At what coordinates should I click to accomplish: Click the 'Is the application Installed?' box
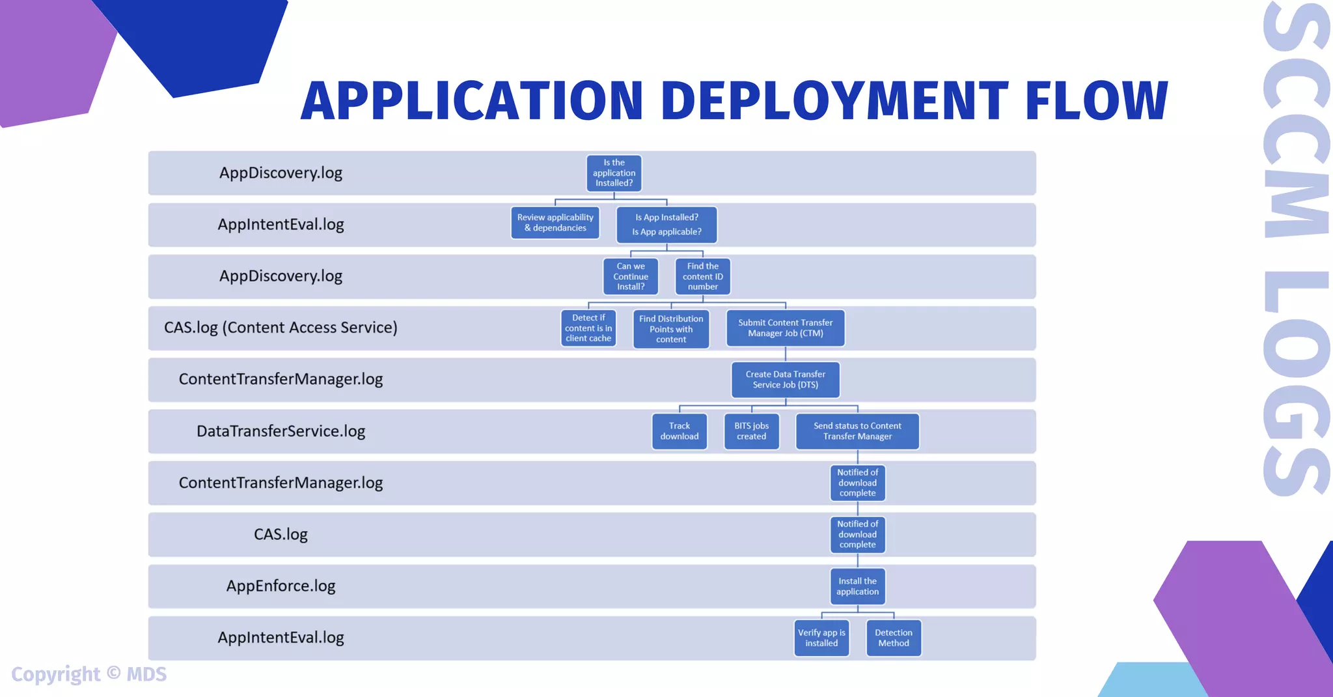click(614, 173)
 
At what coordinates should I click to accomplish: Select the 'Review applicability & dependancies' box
click(555, 223)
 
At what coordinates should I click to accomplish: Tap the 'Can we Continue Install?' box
click(631, 276)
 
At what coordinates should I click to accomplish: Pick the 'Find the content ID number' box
click(703, 276)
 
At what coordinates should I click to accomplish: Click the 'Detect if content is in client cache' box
click(588, 328)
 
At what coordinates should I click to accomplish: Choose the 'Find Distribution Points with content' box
click(671, 329)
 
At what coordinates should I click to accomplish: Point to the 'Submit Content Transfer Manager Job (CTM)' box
click(786, 328)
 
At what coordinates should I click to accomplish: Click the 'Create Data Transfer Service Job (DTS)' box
click(786, 380)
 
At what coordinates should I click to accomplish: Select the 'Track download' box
click(680, 431)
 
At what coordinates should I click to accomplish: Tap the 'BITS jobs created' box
click(752, 431)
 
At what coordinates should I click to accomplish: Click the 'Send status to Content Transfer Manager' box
click(857, 431)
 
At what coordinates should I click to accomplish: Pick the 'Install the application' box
click(857, 586)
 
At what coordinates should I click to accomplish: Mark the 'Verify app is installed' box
click(821, 638)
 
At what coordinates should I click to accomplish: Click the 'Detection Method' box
click(894, 638)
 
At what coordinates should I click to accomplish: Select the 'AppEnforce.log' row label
click(281, 586)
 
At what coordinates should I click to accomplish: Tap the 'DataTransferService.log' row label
click(281, 431)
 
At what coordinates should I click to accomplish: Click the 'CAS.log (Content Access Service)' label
click(281, 328)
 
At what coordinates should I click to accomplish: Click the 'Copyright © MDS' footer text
click(89, 674)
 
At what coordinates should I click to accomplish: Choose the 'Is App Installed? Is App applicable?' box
click(666, 224)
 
